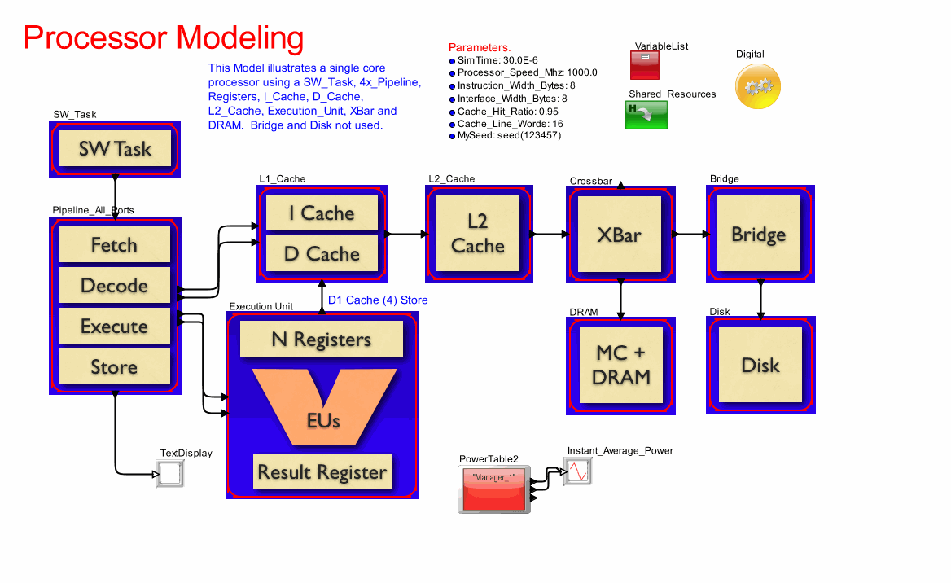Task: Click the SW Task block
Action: coord(115,149)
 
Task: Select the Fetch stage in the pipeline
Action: coord(114,244)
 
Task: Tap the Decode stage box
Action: coord(114,285)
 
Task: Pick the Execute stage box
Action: coord(114,326)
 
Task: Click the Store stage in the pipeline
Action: coord(114,366)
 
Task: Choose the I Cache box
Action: coord(322,213)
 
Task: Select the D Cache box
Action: coord(322,254)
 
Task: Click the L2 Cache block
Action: coord(478,234)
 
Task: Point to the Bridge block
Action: coord(759,235)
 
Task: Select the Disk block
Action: coord(760,365)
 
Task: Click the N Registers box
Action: coord(322,339)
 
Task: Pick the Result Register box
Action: coord(322,471)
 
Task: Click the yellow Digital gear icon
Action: coord(758,85)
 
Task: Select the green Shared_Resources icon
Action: coord(646,115)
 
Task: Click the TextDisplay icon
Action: coord(169,474)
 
